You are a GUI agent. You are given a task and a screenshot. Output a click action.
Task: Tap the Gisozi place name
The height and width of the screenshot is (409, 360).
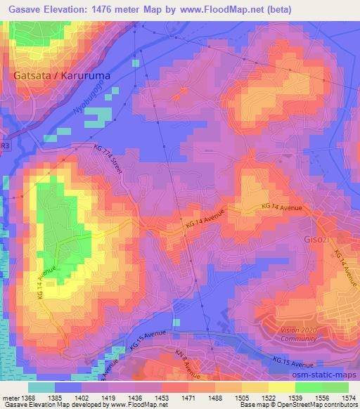314,238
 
